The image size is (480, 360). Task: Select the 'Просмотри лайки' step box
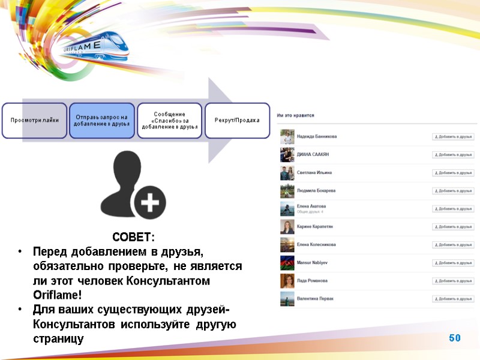(34, 120)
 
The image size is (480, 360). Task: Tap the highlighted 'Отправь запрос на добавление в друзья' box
(102, 120)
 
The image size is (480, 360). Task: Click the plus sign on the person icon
(149, 205)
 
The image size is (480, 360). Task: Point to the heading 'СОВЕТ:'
(133, 236)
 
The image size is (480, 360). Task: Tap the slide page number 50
(454, 338)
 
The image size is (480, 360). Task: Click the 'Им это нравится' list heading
(296, 115)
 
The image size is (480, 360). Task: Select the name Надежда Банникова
(317, 137)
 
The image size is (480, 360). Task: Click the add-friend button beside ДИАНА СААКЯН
(451, 155)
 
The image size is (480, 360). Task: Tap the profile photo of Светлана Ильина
(287, 173)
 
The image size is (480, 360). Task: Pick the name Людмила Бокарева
(316, 191)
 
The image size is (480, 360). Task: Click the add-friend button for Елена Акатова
(451, 209)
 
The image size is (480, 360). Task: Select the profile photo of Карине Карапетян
(287, 227)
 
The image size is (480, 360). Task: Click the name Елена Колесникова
(316, 245)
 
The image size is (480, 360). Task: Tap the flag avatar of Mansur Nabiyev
(287, 263)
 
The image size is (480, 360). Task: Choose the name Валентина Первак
(315, 299)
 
